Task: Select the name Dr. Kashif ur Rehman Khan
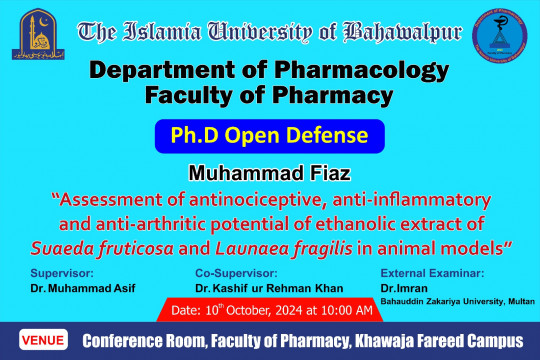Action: [261, 288]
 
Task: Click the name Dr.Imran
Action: [398, 286]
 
